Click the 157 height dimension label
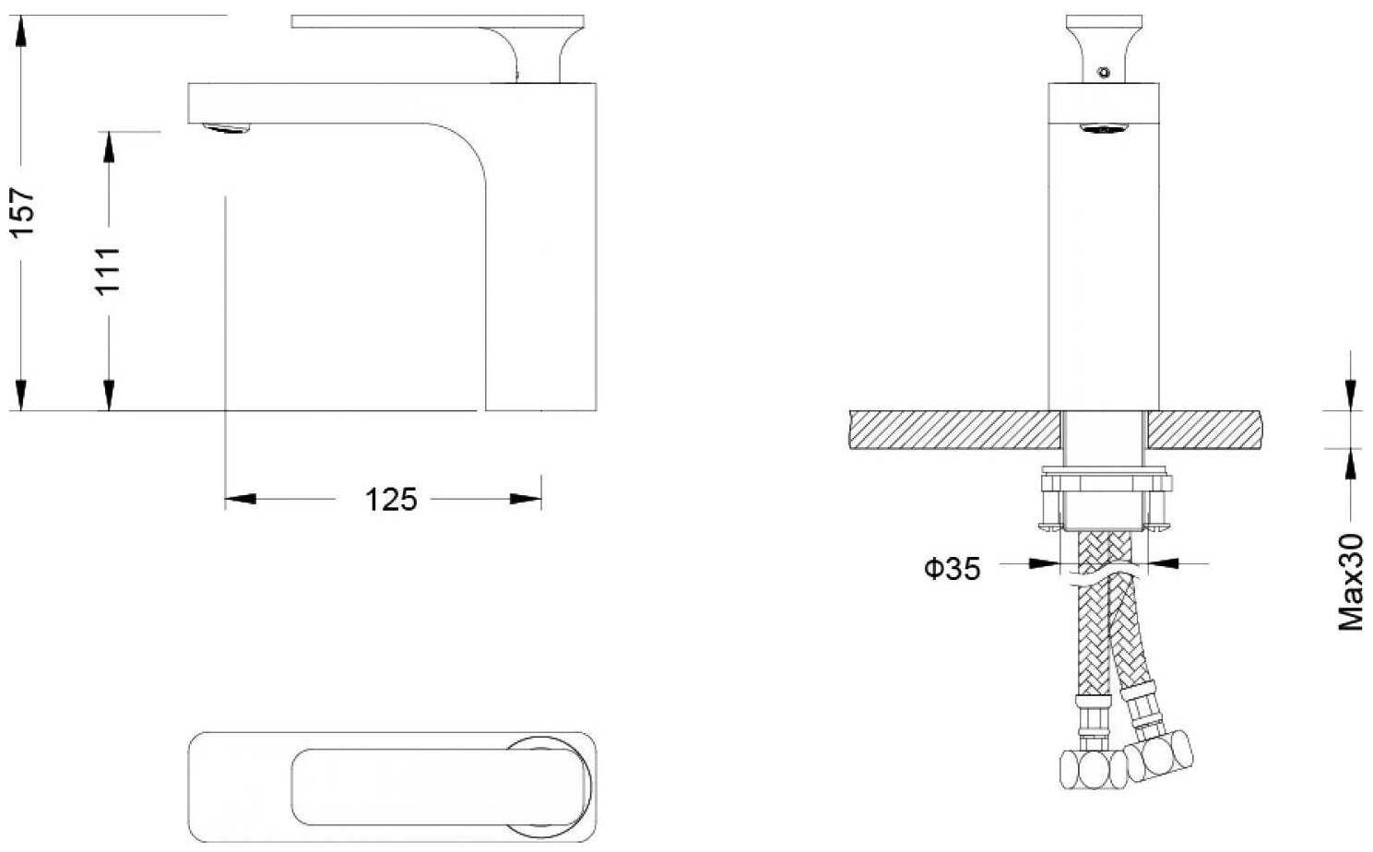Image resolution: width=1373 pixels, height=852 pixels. (23, 212)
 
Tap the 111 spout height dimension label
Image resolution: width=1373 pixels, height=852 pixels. (108, 271)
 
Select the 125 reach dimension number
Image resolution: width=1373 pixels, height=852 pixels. (391, 500)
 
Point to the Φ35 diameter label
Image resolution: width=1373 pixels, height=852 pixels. (952, 569)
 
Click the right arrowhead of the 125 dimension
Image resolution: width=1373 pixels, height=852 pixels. (526, 499)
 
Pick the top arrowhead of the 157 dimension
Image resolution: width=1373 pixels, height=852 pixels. (21, 30)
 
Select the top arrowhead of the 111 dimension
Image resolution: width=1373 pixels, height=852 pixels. (109, 148)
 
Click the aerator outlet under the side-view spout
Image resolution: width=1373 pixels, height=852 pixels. (227, 128)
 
